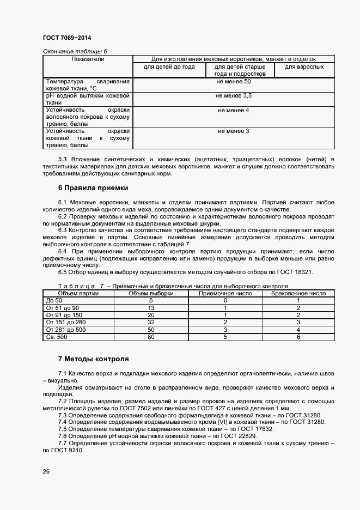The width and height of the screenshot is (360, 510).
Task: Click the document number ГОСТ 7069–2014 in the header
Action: point(66,38)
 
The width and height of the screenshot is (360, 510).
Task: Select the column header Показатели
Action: point(87,59)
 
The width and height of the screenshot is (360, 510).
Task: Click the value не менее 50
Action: point(233,81)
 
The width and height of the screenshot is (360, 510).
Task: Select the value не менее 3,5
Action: point(233,95)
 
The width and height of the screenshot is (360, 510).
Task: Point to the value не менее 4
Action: point(233,110)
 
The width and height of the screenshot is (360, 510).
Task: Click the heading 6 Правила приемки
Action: point(93,187)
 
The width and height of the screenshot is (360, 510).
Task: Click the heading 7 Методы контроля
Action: point(93,359)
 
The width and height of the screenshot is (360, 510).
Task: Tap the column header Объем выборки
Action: point(151,293)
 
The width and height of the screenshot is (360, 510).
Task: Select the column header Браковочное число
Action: point(298,293)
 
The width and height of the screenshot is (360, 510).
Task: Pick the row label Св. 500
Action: point(57,337)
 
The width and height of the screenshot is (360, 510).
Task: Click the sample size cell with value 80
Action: point(151,337)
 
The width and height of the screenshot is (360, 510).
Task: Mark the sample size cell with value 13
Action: point(151,308)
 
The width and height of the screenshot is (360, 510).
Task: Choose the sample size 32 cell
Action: point(151,322)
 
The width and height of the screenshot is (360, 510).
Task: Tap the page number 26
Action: point(46,471)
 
